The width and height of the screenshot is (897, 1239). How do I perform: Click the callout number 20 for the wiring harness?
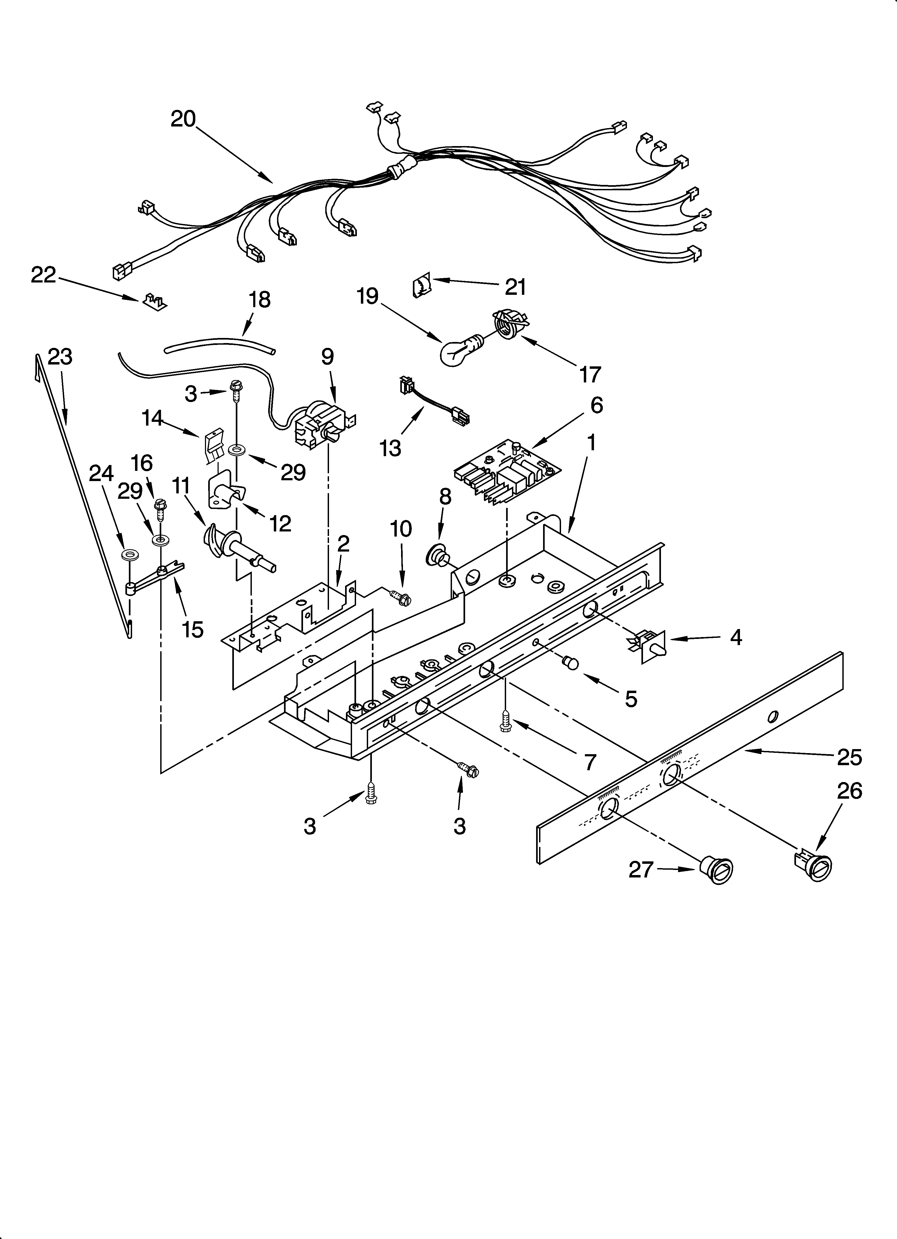click(x=183, y=118)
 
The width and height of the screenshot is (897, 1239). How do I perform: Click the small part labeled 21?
click(x=421, y=286)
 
